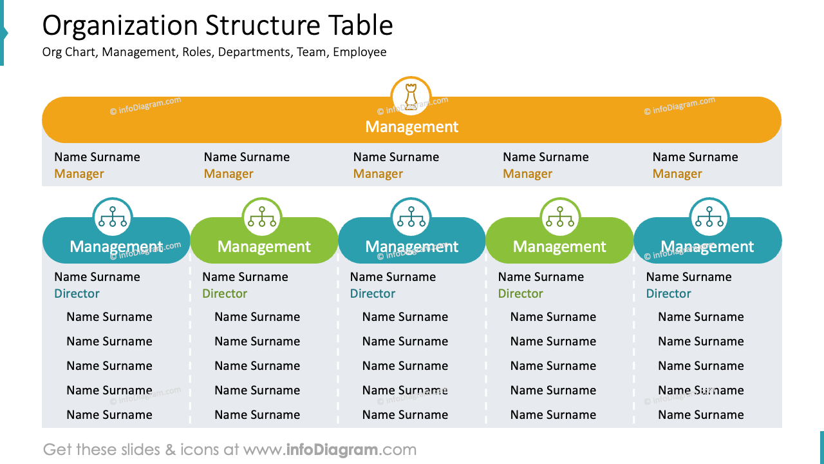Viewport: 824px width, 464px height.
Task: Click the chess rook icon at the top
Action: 411,97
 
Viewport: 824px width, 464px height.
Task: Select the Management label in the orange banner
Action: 411,127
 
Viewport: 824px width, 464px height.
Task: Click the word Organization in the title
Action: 120,26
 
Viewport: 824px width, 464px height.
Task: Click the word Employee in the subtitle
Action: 359,52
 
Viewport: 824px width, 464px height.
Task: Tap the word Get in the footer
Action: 57,449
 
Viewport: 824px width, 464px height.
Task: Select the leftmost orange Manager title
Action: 79,174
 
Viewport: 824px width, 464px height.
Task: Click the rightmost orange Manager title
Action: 677,174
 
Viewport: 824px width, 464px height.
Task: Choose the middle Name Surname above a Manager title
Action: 396,157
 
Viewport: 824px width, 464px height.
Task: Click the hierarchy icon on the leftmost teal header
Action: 113,217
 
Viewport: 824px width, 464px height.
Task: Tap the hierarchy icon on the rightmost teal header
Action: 709,217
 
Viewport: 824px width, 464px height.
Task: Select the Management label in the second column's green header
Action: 264,247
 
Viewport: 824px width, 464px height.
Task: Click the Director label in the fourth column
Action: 520,294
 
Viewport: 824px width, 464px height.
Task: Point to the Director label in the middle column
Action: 372,294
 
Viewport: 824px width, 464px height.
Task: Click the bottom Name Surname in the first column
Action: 109,415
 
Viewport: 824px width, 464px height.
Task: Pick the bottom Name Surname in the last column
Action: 700,415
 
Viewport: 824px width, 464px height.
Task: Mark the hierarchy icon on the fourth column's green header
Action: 560,217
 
